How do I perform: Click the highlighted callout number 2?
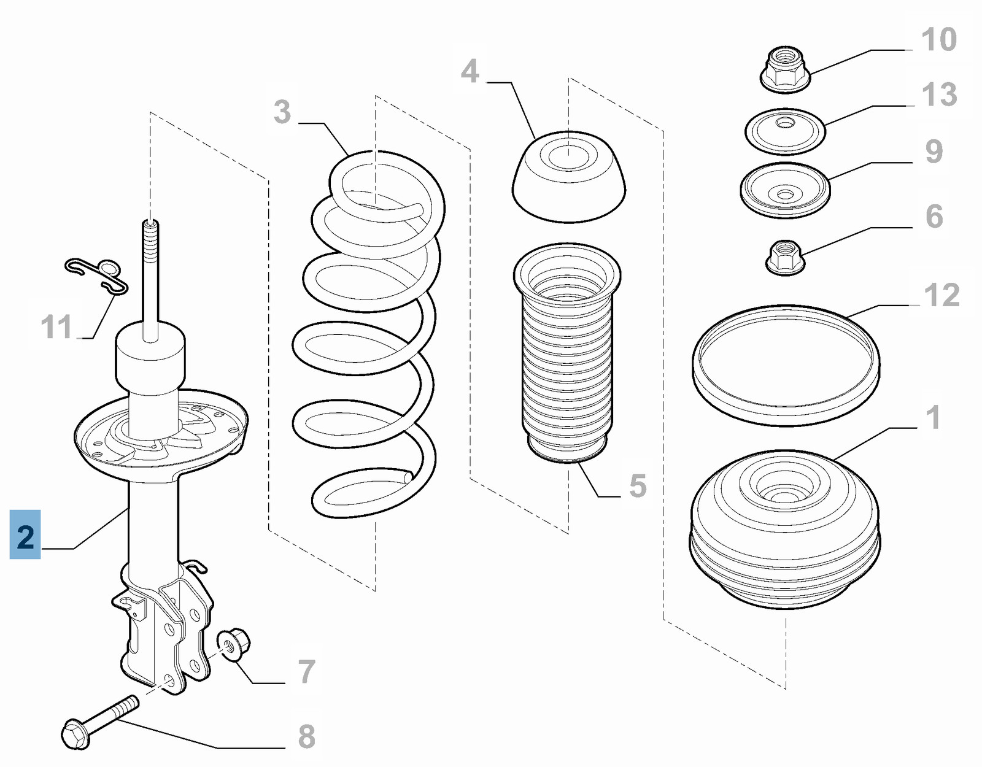click(x=25, y=535)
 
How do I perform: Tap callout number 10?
click(x=938, y=40)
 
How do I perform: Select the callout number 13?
click(x=938, y=94)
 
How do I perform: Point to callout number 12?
click(x=941, y=295)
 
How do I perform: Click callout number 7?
click(x=307, y=671)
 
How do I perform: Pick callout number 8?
click(x=306, y=736)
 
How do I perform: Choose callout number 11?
click(x=56, y=326)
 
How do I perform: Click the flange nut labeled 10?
click(x=785, y=69)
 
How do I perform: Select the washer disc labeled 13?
click(x=785, y=131)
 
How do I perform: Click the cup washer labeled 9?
click(x=785, y=190)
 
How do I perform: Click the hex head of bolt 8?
click(x=75, y=733)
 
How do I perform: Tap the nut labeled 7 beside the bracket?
click(x=234, y=644)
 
